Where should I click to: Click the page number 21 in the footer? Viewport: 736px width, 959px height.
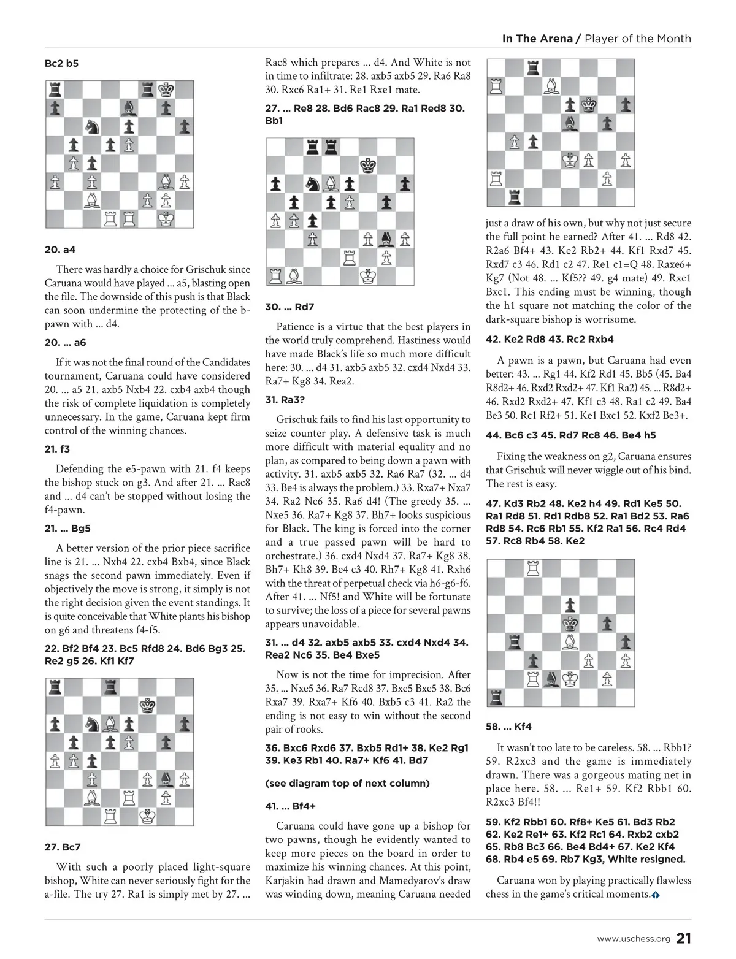coord(684,938)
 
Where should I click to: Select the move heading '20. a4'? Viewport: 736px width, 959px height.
coord(60,250)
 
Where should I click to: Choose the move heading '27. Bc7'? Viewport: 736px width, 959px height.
coord(63,847)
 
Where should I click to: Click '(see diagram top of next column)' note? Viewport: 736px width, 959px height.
coord(347,783)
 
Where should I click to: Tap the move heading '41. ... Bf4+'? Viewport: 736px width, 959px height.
coord(290,806)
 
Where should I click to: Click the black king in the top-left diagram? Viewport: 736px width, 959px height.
coord(166,90)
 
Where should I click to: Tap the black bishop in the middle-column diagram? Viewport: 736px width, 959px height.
coord(386,239)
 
